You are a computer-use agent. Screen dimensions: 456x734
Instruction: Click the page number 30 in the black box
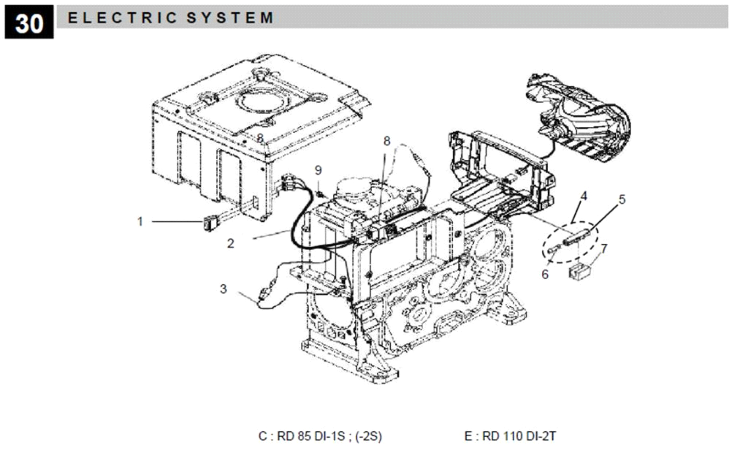[29, 22]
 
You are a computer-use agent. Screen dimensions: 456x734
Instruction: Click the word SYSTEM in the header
[230, 18]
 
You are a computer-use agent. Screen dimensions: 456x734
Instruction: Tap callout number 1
[140, 221]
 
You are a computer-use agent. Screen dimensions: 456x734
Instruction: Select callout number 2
[231, 243]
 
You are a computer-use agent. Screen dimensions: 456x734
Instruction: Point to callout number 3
[223, 288]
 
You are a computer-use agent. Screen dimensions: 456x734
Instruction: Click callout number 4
[583, 196]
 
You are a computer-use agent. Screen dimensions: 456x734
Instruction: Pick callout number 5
[622, 199]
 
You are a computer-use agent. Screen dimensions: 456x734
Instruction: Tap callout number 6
[545, 274]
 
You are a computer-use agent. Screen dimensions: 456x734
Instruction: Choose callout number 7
[604, 249]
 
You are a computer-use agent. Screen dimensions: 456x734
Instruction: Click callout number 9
[318, 170]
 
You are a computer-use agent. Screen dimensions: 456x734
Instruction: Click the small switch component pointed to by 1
[210, 224]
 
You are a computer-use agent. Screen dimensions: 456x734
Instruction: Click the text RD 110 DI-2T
[519, 436]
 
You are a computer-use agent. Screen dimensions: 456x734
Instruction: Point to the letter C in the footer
[262, 436]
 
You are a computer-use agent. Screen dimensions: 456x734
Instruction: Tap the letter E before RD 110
[468, 436]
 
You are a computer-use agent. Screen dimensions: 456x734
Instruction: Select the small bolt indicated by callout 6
[554, 249]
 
